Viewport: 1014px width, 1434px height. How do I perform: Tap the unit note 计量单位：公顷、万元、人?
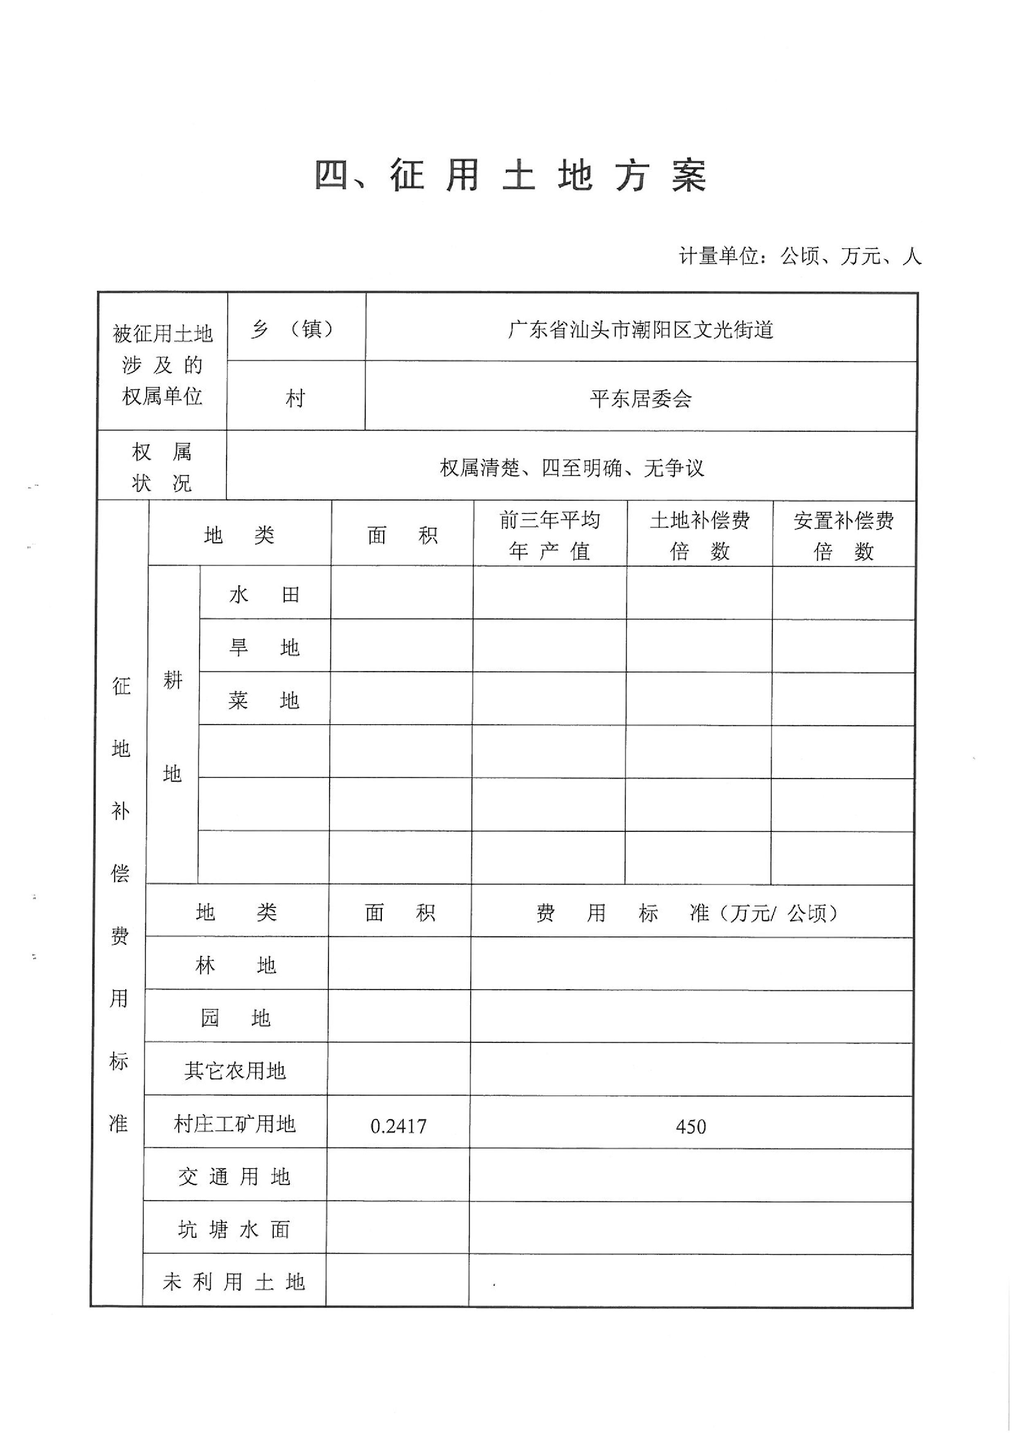[800, 256]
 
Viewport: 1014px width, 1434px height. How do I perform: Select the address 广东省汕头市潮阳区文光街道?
[641, 329]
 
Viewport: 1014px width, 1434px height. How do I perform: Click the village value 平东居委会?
[641, 399]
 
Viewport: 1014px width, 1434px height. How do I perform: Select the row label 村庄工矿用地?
[235, 1124]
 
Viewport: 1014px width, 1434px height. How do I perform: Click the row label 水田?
[264, 594]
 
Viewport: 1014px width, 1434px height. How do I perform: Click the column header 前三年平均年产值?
[550, 535]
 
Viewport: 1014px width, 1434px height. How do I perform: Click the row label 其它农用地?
[235, 1071]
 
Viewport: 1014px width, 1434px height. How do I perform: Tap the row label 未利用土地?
[234, 1282]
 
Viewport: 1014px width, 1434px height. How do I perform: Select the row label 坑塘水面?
[234, 1230]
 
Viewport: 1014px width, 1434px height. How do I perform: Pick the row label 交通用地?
[234, 1177]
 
